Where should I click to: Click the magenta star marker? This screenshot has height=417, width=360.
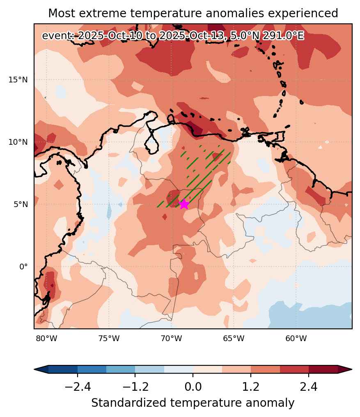pos(184,204)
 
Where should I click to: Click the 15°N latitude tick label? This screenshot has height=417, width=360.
pos(18,80)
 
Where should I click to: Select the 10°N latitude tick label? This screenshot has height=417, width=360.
pos(18,142)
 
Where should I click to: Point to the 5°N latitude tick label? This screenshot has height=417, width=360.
pos(21,204)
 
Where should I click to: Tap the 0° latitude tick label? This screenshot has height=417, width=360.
pos(23,267)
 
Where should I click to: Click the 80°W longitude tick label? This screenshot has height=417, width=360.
pos(46,338)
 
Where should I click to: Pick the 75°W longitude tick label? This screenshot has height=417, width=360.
pos(109,338)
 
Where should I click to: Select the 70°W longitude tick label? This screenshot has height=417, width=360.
pos(171,338)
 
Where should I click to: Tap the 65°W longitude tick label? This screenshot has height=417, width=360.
pos(234,338)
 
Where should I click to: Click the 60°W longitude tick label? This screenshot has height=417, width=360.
pos(296,338)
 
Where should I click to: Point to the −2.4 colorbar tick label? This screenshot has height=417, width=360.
pos(78,386)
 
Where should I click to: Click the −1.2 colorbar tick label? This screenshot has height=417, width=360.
pos(135,386)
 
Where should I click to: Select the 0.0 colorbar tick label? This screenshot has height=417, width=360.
pos(193,386)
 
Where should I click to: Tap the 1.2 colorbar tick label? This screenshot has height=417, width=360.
pos(250,386)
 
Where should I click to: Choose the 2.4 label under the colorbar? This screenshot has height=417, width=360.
pos(308,386)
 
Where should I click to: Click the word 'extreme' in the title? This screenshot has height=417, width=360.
pos(107,13)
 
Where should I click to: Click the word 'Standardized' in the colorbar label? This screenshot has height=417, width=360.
pos(128,403)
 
